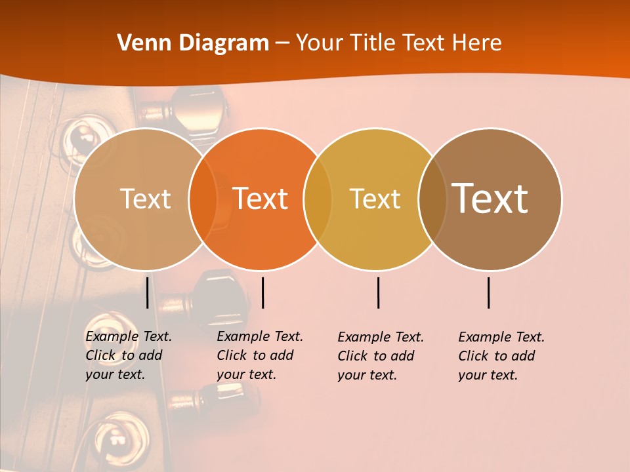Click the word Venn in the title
tap(140, 43)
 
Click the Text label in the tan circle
tap(145, 199)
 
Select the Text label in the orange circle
tap(261, 199)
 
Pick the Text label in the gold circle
tap(375, 199)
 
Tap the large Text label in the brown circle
tap(490, 198)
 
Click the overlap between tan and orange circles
tap(203, 199)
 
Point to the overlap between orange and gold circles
tap(318, 199)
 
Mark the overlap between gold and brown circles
tap(432, 199)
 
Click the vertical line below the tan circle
tap(147, 292)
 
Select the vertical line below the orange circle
tap(262, 292)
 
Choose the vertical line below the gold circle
tap(378, 292)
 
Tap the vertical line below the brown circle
tap(489, 292)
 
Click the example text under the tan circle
tap(129, 355)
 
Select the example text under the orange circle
tap(260, 355)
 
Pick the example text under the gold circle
tap(381, 356)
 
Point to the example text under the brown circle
tap(501, 356)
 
